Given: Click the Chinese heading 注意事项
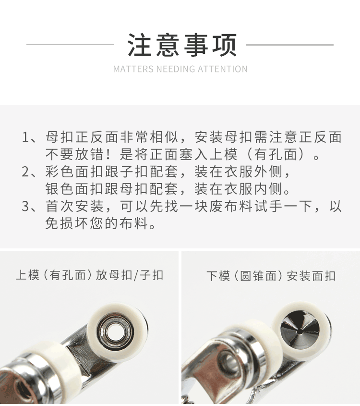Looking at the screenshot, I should [182, 45].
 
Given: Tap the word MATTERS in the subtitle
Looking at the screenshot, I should [133, 69].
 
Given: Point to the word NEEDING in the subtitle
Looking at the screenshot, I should [175, 69].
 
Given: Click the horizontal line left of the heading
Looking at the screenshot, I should [70, 45].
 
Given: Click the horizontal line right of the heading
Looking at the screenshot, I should [289, 45].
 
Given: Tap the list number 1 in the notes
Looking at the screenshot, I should [26, 137].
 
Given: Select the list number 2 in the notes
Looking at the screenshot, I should [26, 172].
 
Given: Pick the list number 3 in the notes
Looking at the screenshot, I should [26, 207].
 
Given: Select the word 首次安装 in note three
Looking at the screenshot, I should [74, 207].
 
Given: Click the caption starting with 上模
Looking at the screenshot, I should [90, 275].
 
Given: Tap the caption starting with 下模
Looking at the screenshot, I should [271, 276].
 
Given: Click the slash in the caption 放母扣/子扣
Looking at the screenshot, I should [135, 275].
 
